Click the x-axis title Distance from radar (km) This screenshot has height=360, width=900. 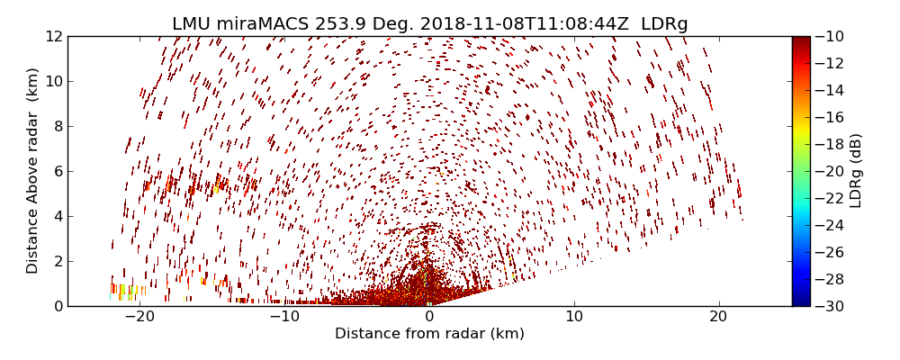pyautogui.click(x=429, y=334)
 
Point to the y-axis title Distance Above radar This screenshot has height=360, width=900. pyautogui.click(x=33, y=171)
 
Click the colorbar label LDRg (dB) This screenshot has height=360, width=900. pyautogui.click(x=856, y=171)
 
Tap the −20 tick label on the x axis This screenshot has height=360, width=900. pyautogui.click(x=139, y=317)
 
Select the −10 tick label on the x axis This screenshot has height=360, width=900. pyautogui.click(x=283, y=317)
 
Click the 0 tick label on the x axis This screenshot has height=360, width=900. pyautogui.click(x=429, y=317)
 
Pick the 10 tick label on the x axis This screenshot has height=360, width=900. pyautogui.click(x=574, y=317)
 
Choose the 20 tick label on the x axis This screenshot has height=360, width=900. pyautogui.click(x=718, y=317)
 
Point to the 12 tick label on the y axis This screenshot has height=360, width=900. pyautogui.click(x=54, y=37)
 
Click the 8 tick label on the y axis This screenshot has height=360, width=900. pyautogui.click(x=58, y=127)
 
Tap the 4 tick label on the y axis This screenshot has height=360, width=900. pyautogui.click(x=58, y=216)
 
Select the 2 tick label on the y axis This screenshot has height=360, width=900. pyautogui.click(x=58, y=261)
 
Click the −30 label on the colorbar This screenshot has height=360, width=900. pyautogui.click(x=829, y=306)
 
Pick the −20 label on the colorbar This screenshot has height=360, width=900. pyautogui.click(x=829, y=171)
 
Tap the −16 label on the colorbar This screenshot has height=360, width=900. pyautogui.click(x=829, y=117)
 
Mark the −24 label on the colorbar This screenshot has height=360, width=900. pyautogui.click(x=829, y=225)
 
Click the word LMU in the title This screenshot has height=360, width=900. pyautogui.click(x=192, y=24)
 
